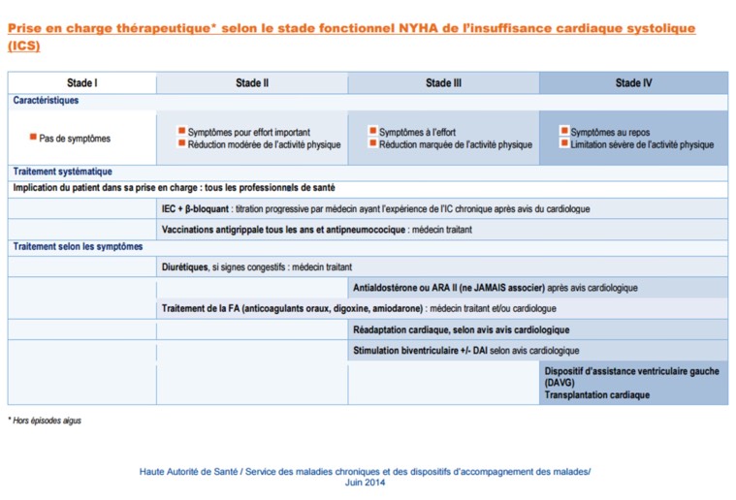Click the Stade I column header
[x=81, y=83]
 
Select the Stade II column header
[x=252, y=83]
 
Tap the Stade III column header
[x=443, y=83]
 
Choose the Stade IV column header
[x=633, y=83]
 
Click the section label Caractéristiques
[x=46, y=100]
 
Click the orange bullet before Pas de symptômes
[x=32, y=139]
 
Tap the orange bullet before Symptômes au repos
[x=563, y=132]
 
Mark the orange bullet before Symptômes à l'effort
[x=372, y=132]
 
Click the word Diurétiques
[x=184, y=266]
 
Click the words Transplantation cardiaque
[x=596, y=395]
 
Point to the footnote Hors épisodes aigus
[x=47, y=421]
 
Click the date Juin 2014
[x=365, y=482]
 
